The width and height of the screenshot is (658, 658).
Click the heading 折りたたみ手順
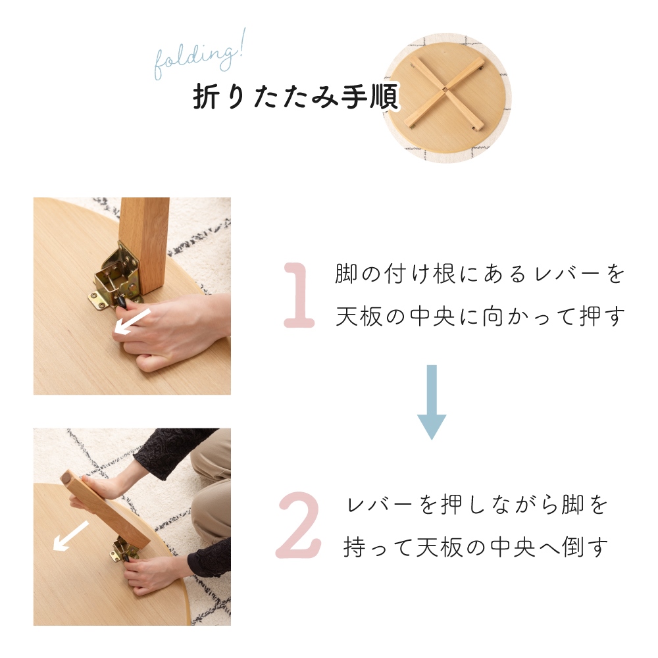tap(295, 99)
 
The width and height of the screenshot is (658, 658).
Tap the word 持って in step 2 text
tap(379, 547)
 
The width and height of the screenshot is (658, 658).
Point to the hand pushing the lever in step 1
tap(174, 329)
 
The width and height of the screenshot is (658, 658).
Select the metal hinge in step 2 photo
tap(124, 549)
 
